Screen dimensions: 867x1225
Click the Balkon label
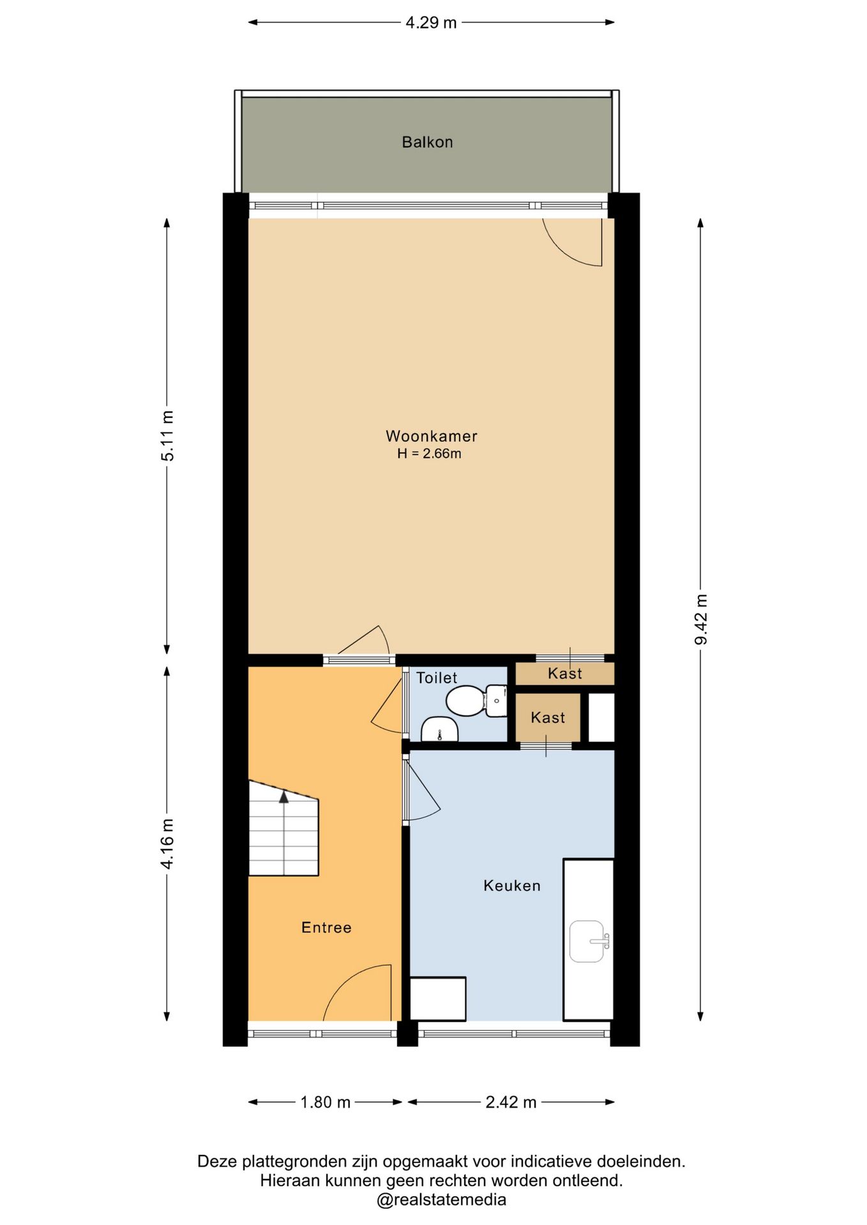pos(427,142)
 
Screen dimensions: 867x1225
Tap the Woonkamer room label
pos(432,436)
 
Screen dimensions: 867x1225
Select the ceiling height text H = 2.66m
pos(429,454)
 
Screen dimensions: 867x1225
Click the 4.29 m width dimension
pos(431,22)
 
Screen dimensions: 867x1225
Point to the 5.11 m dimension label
pos(167,436)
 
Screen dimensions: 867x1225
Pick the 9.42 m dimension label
pos(701,619)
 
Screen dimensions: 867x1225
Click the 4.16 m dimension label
pos(167,843)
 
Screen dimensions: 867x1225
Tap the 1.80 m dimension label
pos(326,1102)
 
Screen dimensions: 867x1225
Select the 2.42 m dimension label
pos(511,1102)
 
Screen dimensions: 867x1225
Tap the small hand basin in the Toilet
pos(440,729)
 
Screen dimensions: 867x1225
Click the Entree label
pos(326,928)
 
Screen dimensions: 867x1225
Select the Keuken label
pos(512,886)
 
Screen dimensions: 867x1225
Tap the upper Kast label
pos(565,674)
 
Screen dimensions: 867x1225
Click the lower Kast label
pos(548,718)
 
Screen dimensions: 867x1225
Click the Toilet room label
pos(437,678)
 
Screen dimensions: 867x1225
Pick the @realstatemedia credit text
pos(441,1199)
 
